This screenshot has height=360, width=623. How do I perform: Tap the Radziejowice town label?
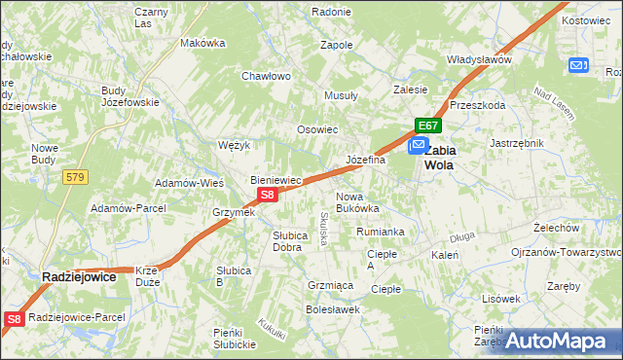pos(79,277)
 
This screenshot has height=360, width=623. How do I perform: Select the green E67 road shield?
pos(429,126)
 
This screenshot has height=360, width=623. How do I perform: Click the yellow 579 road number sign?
pos(75,176)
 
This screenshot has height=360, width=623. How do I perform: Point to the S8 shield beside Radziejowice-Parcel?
pos(14,318)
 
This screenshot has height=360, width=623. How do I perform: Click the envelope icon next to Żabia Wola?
pos(418,145)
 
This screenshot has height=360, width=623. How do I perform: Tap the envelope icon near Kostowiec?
pos(578,65)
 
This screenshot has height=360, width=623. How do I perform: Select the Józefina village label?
pos(366,160)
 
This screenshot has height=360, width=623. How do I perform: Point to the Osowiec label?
pos(316,129)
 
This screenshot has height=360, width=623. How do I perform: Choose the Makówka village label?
pos(202,43)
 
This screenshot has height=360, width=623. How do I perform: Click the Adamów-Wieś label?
pos(191,183)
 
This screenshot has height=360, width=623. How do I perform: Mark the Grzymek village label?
pos(234,212)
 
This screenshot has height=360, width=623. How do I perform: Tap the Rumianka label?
pos(380,232)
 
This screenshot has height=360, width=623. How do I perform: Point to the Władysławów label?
pos(479,59)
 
